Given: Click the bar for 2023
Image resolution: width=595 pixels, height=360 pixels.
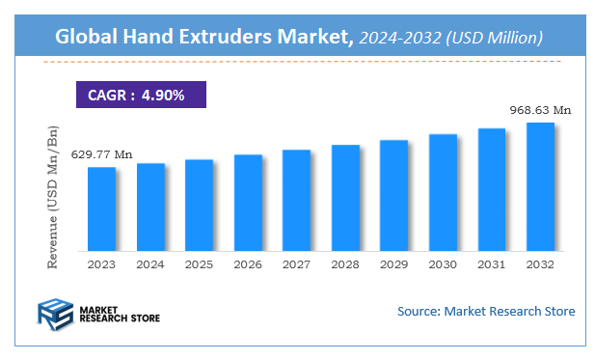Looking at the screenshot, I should click(101, 209).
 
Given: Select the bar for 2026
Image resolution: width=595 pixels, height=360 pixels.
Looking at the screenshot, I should click(248, 203).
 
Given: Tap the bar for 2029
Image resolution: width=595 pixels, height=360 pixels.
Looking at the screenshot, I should click(393, 196).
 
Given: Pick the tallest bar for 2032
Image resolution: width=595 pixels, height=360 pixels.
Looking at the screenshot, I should click(539, 187).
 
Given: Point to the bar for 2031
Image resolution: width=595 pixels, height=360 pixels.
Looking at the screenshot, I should click(491, 190).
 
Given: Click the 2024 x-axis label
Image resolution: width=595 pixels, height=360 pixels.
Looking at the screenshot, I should click(150, 263).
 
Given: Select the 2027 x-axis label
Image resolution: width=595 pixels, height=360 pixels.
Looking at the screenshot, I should click(296, 263).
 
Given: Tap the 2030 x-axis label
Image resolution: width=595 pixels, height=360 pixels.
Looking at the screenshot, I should click(442, 263).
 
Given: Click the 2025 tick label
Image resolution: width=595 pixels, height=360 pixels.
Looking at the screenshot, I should click(199, 263).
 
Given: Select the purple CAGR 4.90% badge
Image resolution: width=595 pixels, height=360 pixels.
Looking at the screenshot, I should click(139, 95).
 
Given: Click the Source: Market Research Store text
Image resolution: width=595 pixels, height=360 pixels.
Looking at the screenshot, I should click(486, 311).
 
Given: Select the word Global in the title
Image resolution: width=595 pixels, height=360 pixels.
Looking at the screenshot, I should click(86, 38).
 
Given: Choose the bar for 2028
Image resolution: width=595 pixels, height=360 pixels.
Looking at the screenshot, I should click(345, 199).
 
